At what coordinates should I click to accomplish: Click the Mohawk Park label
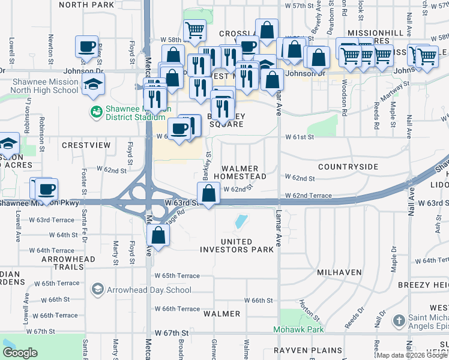(x=298, y=329)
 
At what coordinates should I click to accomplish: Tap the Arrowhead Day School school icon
(x=97, y=290)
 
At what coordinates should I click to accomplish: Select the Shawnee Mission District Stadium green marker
(x=95, y=112)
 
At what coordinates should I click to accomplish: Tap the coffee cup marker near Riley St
(x=87, y=46)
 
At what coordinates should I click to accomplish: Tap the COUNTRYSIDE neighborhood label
(x=348, y=166)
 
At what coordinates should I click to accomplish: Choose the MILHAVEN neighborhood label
(x=339, y=272)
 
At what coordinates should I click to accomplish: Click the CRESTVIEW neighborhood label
(x=86, y=145)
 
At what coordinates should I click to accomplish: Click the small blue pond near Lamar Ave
(x=241, y=221)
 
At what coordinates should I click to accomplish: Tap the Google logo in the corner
(x=20, y=353)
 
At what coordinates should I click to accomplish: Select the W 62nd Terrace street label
(x=308, y=196)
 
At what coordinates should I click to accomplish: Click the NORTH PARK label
(x=86, y=5)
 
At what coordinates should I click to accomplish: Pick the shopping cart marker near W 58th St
(x=194, y=30)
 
